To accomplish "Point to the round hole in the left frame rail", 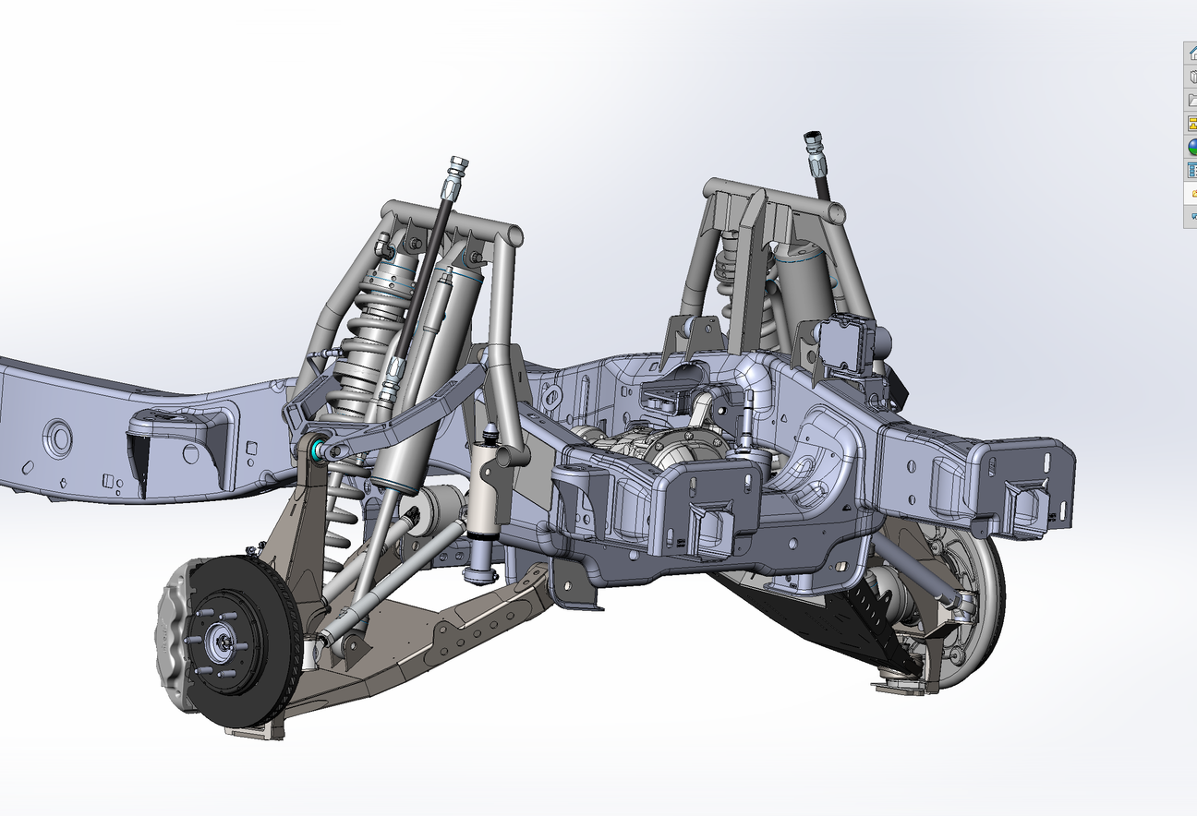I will tap(58, 438).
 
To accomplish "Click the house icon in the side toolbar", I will tap(1191, 53).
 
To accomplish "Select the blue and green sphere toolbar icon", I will tap(1191, 147).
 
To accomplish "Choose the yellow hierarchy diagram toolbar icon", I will tap(1191, 123).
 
